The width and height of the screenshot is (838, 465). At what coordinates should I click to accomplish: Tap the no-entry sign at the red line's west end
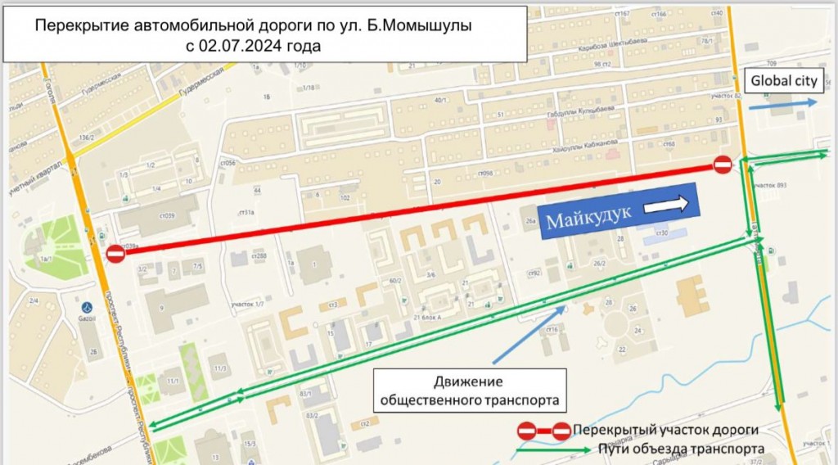(x=115, y=255)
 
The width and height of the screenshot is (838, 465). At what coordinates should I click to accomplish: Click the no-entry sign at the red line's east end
(x=722, y=165)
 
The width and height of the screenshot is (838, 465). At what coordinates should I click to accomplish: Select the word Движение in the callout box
(x=468, y=382)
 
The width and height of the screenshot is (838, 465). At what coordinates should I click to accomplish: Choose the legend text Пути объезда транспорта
(x=682, y=449)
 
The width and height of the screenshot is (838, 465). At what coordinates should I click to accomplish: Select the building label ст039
(x=164, y=215)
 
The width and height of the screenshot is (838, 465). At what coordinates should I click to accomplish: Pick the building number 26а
(x=530, y=221)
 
